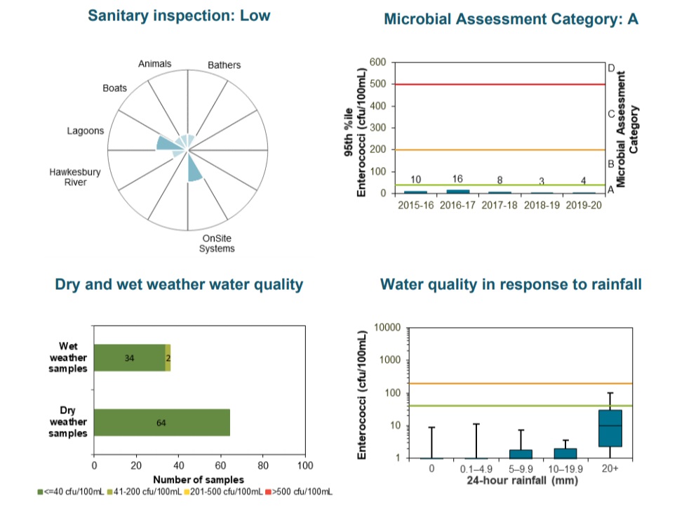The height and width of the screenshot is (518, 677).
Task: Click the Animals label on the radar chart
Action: click(154, 64)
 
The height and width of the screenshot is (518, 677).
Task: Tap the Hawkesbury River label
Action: click(75, 177)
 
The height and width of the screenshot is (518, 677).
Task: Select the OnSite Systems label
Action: click(217, 243)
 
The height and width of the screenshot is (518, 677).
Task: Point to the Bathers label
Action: click(224, 65)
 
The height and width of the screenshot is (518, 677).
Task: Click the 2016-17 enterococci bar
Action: click(458, 191)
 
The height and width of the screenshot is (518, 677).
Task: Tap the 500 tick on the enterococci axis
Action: click(377, 85)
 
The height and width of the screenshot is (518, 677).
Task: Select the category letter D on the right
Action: click(611, 68)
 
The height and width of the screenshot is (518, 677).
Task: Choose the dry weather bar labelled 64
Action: click(162, 423)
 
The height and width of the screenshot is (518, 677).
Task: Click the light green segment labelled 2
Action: click(168, 358)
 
